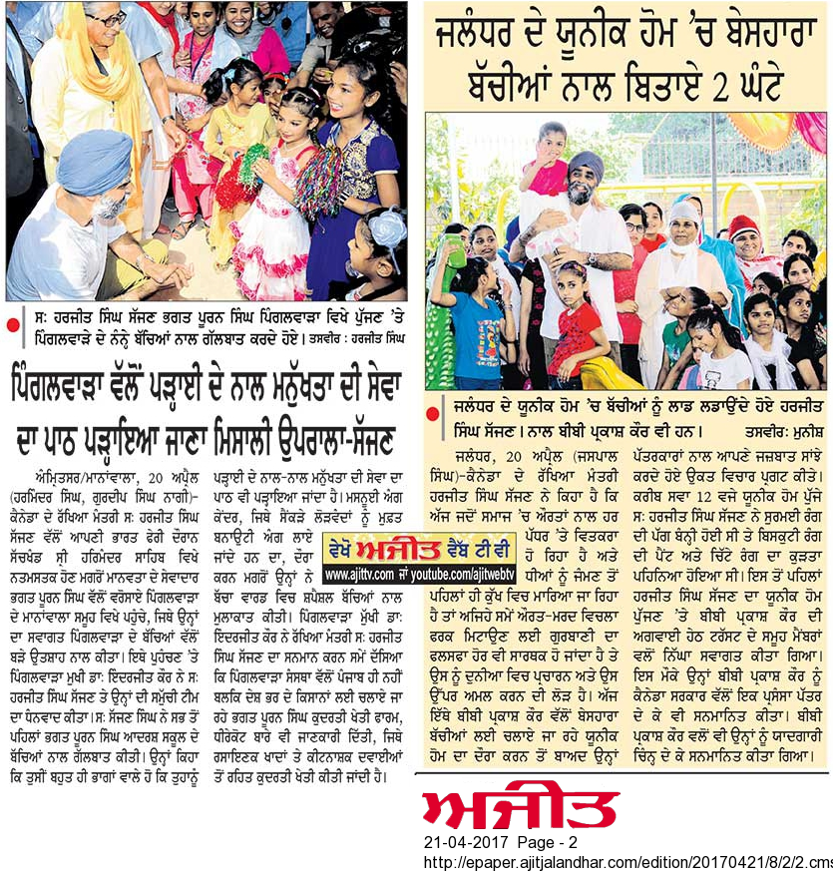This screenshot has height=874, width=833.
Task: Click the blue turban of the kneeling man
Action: point(94,161)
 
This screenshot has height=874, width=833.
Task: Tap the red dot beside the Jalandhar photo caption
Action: point(431,409)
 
